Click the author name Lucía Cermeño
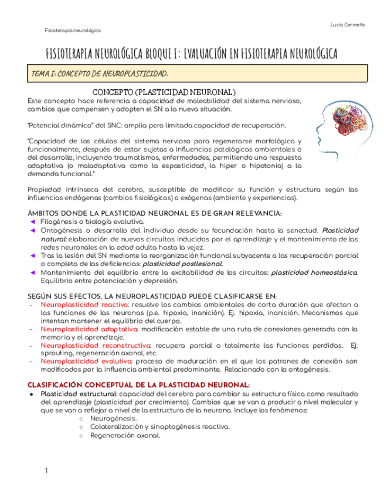click(x=348, y=24)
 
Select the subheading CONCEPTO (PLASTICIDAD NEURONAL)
click(x=164, y=92)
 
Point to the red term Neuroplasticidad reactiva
click(x=85, y=305)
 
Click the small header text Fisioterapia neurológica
click(x=73, y=30)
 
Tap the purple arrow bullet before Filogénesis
click(x=33, y=222)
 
